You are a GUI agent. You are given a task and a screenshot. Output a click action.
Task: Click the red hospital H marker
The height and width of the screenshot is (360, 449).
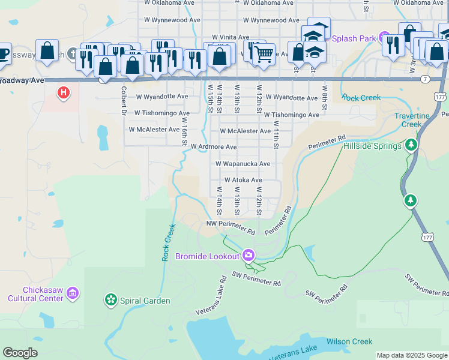point(62,93)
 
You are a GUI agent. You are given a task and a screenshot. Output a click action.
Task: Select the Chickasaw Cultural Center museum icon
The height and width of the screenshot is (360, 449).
point(73,293)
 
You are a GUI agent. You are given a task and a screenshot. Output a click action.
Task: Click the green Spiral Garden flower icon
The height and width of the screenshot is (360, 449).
point(110,299)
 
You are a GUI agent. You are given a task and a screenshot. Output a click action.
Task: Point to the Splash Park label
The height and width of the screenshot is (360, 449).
point(354,38)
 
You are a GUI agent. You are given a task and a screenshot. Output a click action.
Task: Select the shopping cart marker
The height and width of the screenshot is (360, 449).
point(264,55)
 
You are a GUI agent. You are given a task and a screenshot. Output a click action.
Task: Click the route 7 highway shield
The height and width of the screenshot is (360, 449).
point(425,79)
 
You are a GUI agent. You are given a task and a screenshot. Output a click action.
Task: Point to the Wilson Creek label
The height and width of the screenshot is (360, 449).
point(349,341)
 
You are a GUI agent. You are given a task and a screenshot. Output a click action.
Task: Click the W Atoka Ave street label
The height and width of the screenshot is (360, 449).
point(243,179)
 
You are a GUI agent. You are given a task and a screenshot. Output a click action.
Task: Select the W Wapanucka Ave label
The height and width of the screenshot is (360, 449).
point(243,163)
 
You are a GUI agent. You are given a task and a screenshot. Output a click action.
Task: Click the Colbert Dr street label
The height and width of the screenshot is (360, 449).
point(123,101)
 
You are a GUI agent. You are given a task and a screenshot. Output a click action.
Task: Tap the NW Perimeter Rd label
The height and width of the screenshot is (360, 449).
point(231,227)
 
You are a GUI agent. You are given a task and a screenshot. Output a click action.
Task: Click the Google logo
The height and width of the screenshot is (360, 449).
point(20,352)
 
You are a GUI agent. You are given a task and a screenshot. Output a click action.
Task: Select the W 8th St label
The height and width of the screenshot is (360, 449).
point(324,97)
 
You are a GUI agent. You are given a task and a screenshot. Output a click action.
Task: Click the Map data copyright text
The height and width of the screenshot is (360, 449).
point(412,355)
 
